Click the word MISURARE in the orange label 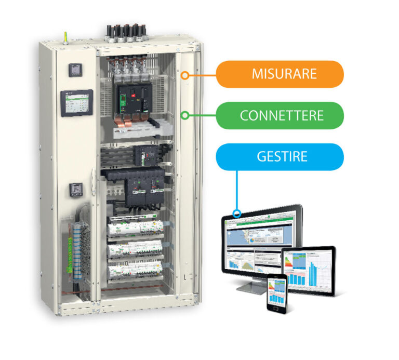(284, 73)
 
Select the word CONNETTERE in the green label (282, 115)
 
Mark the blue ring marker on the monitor (237, 213)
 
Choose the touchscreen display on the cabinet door (76, 103)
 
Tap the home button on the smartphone (277, 306)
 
